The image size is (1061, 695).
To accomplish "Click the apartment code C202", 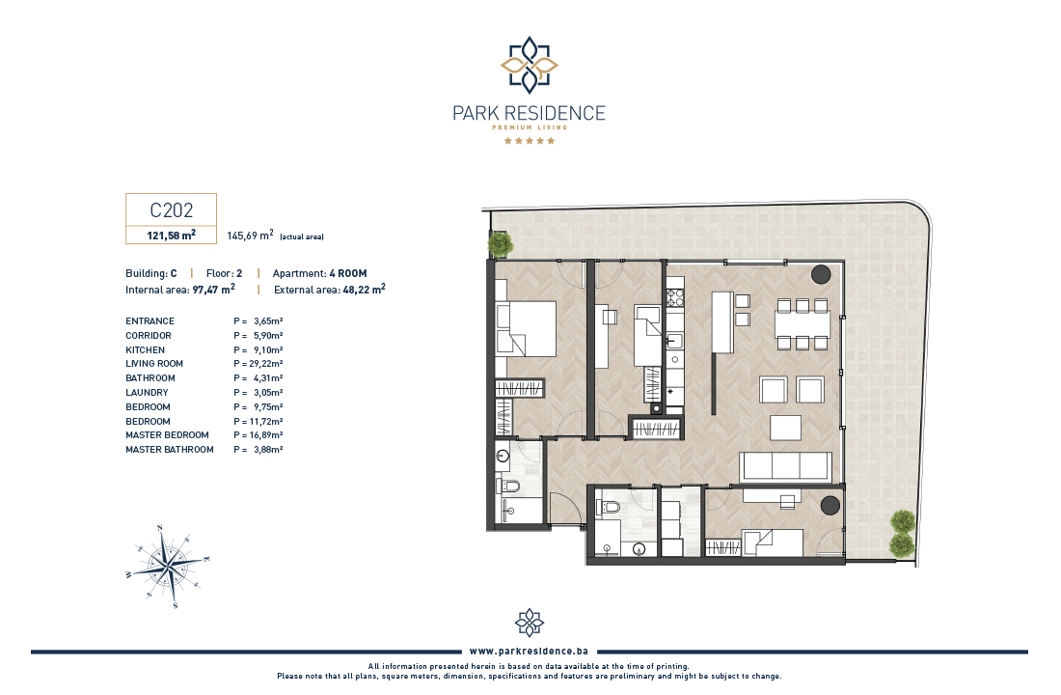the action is [171, 210].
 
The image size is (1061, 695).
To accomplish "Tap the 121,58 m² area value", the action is [171, 236].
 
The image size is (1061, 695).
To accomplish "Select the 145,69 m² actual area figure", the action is [251, 236].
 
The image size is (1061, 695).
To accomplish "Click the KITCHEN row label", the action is [145, 349].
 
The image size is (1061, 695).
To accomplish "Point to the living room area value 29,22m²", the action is [266, 364].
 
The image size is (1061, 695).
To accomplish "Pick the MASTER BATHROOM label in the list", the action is [169, 449].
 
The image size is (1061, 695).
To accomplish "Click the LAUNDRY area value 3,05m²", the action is [268, 392].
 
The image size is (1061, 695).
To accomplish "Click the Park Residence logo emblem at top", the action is [530, 65].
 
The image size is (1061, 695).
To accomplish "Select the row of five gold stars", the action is [530, 141].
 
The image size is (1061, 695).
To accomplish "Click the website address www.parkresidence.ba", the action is [529, 651].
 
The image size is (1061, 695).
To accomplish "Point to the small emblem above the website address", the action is [530, 623].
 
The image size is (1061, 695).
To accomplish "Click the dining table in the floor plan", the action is [803, 323].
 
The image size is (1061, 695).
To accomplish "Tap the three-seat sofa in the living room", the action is [785, 467].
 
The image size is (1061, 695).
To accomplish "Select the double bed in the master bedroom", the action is [526, 328].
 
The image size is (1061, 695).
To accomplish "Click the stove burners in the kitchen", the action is [675, 298].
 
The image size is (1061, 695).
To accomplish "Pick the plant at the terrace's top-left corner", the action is [500, 244].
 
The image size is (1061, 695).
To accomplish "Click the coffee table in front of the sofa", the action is [785, 429].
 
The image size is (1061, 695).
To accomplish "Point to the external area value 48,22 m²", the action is [364, 290].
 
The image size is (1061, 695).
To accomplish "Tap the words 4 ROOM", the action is [348, 273].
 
